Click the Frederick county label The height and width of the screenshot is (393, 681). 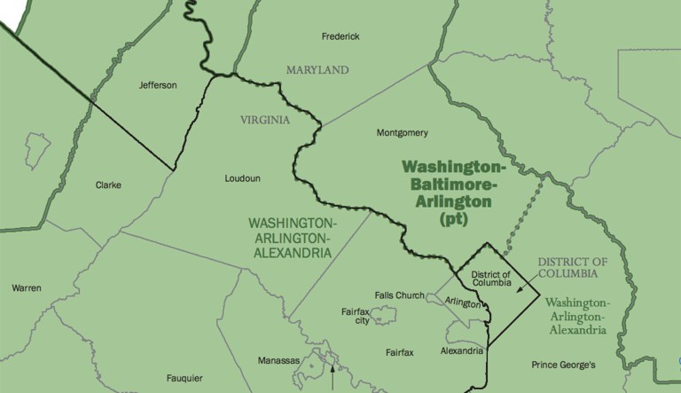pyautogui.click(x=340, y=36)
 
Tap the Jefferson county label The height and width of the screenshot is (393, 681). pyautogui.click(x=159, y=85)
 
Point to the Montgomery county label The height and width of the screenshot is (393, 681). pyautogui.click(x=403, y=134)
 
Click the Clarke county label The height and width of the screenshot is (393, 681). pyautogui.click(x=107, y=185)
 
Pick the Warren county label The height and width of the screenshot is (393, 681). pyautogui.click(x=27, y=288)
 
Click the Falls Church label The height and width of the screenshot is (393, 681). pyautogui.click(x=398, y=296)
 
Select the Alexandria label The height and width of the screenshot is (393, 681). pyautogui.click(x=462, y=350)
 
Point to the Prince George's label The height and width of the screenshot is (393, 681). pyautogui.click(x=564, y=365)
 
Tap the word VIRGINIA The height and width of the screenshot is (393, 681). pyautogui.click(x=265, y=119)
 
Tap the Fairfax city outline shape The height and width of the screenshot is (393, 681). pyautogui.click(x=386, y=314)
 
